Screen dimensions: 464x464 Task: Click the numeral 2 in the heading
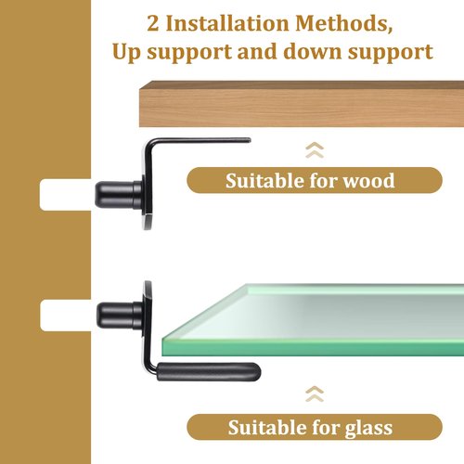point(153,23)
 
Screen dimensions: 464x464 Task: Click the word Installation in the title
point(227,23)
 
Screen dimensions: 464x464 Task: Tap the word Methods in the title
point(344,23)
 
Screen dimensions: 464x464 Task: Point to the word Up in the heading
point(127,52)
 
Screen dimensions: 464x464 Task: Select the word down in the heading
point(313,51)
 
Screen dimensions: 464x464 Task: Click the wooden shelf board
point(302,104)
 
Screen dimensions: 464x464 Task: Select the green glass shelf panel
point(313,320)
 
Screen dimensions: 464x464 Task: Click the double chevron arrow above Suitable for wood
point(315,150)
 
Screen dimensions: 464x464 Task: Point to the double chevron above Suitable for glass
point(315,394)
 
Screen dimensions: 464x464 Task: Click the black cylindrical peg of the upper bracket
point(118,195)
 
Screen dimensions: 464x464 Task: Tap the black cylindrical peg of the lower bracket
point(120,316)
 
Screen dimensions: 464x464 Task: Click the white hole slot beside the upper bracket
point(66,195)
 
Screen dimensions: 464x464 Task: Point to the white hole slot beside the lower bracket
point(66,316)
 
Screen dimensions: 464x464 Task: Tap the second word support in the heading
point(391,52)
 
